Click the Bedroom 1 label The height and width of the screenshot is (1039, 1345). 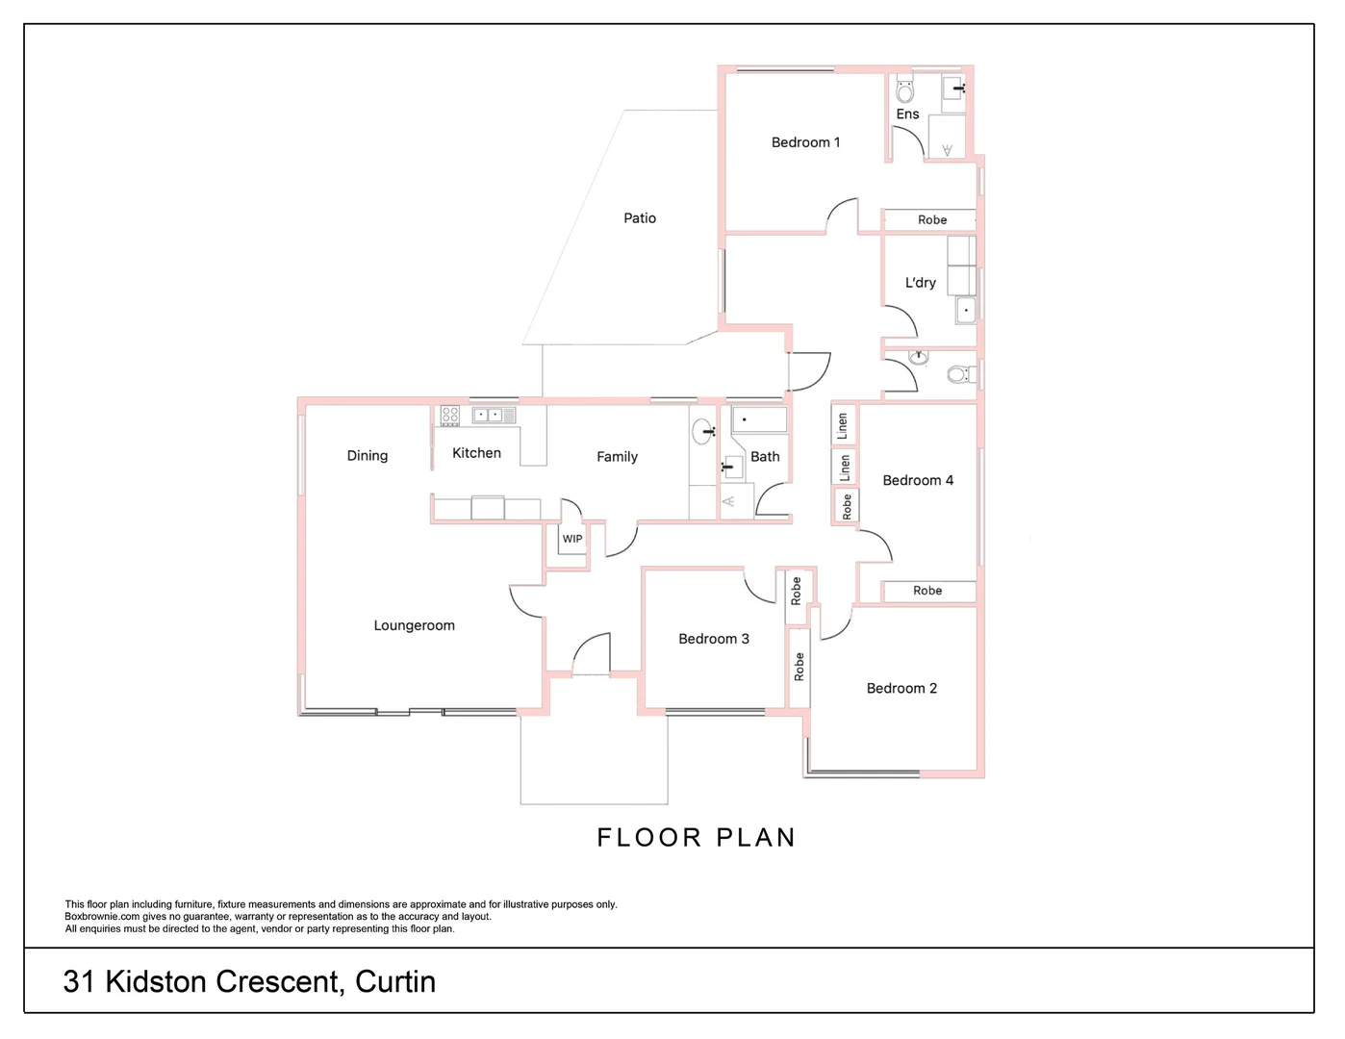[805, 142]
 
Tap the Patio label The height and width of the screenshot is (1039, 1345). [639, 218]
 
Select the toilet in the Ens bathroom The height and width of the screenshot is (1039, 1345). [904, 92]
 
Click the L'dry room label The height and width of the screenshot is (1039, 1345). [920, 283]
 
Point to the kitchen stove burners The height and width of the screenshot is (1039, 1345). [449, 416]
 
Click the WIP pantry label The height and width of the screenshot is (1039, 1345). [571, 539]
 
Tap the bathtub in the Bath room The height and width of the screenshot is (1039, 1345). [759, 419]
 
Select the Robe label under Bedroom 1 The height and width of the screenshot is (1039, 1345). [931, 220]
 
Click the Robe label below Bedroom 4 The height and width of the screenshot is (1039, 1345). [926, 591]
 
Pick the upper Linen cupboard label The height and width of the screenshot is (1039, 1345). [843, 425]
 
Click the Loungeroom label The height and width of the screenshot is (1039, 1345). [414, 625]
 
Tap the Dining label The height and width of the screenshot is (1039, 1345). [367, 456]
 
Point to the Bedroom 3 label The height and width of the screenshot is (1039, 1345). [713, 639]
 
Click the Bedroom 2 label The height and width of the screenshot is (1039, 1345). [901, 688]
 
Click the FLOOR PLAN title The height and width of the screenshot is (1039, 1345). [696, 837]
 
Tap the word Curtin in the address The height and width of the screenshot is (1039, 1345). [394, 981]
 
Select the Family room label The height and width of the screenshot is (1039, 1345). [617, 457]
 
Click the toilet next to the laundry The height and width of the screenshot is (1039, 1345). [957, 374]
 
